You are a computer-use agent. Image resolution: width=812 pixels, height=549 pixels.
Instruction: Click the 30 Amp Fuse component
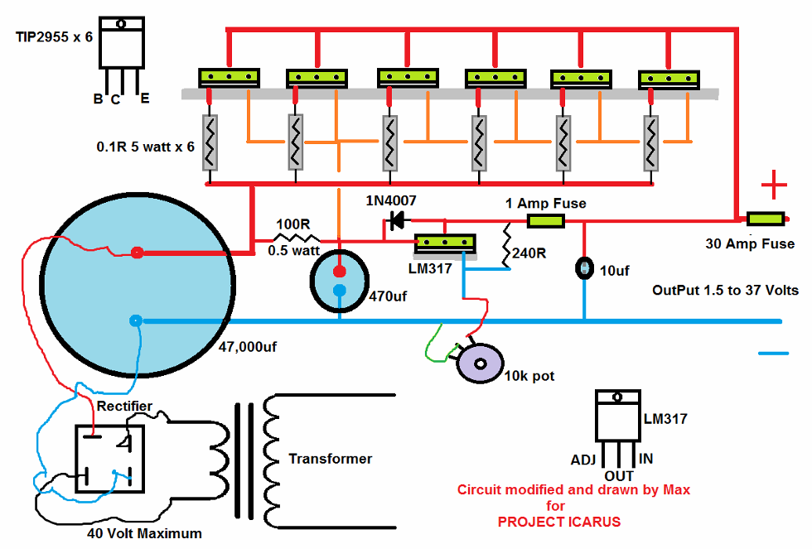pos(766,219)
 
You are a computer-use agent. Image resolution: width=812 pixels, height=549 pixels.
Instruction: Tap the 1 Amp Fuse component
pos(546,220)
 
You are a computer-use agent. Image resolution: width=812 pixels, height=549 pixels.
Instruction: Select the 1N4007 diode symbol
pos(397,220)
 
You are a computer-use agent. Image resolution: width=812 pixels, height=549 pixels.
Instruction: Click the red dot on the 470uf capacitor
pos(339,272)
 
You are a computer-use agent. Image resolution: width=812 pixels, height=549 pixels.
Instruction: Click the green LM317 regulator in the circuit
pos(445,243)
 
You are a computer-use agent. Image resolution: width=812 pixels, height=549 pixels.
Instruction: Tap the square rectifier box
pos(109,459)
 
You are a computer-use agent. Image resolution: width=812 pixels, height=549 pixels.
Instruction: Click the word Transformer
pos(330,459)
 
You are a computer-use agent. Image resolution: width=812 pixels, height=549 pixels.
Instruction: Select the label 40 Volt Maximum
pos(144,532)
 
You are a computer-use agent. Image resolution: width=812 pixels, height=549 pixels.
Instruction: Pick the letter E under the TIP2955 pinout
pos(145,99)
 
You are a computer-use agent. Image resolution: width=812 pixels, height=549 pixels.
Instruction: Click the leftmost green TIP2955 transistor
pos(230,77)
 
